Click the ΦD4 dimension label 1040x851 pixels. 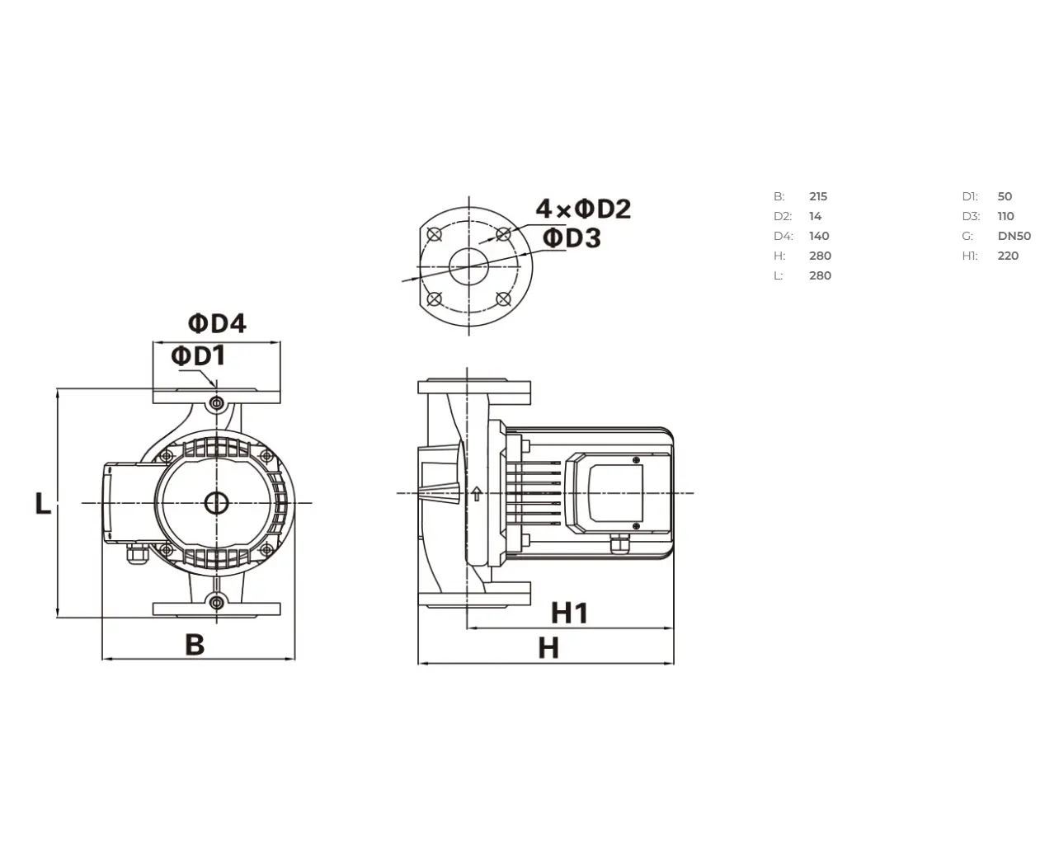point(217,323)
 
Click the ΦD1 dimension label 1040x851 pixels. point(198,355)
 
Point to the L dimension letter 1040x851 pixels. point(43,503)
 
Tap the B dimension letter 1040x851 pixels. point(195,644)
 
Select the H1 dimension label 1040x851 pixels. point(570,614)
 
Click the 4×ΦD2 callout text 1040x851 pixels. point(583,209)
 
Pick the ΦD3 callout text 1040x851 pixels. point(572,237)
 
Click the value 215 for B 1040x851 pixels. point(818,196)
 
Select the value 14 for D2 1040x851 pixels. point(815,216)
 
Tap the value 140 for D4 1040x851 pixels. point(819,236)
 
